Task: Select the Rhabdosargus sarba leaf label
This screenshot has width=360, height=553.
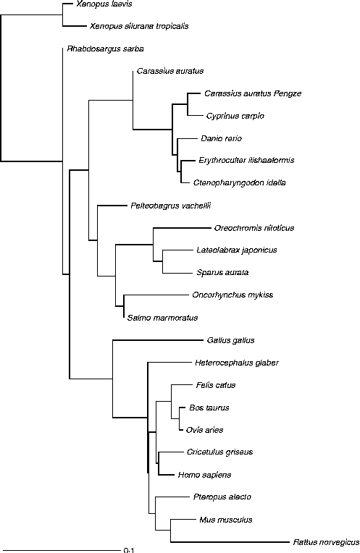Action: coord(105,48)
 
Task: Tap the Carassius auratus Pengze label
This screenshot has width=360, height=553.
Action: coord(253,93)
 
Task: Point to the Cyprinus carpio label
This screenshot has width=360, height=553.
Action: coord(235,116)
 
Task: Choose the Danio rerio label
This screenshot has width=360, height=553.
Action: coord(222,138)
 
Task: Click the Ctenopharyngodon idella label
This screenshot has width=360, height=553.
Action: coord(239,182)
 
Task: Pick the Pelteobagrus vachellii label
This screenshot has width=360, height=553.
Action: coord(170,206)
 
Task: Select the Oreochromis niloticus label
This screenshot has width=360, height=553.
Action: coord(254,228)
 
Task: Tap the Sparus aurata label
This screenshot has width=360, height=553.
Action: coord(222,273)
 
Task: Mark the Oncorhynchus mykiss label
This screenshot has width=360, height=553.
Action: coord(233,295)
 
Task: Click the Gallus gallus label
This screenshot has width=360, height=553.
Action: coord(231,340)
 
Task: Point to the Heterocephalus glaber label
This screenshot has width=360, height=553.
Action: coord(237,363)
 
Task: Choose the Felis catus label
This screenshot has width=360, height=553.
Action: coord(216,385)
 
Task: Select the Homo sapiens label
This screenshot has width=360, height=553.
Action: coord(204,475)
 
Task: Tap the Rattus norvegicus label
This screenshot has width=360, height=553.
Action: coord(327,542)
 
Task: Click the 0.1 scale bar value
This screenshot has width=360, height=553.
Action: coord(129,550)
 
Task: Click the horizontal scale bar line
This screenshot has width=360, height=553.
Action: coord(63,550)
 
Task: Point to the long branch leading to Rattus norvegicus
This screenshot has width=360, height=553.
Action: coord(230,542)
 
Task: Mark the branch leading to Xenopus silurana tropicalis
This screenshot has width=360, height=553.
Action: coord(74,26)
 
